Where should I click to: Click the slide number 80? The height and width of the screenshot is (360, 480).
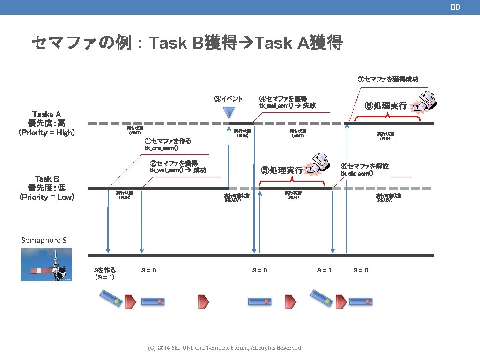pos(455,7)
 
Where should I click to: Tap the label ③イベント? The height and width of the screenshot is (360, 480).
pos(228,99)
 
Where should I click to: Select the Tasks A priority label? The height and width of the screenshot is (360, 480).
pos(46,123)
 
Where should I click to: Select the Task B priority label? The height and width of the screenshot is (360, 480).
pos(46,188)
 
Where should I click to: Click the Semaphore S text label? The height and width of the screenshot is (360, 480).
pos(44,240)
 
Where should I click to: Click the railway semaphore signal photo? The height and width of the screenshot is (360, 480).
pos(46,264)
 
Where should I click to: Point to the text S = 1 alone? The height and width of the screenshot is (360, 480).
pos(324,270)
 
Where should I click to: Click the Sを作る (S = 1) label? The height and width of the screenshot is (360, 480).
pos(105,273)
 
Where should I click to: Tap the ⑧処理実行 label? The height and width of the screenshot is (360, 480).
pos(385,106)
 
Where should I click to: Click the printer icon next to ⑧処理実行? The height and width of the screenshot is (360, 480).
pos(424,103)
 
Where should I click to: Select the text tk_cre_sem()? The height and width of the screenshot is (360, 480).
pos(161,148)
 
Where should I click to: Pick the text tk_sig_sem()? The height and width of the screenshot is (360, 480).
pos(357,174)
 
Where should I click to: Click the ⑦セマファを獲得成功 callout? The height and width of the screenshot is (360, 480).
pos(387,79)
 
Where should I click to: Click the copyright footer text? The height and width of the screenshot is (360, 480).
pos(224,348)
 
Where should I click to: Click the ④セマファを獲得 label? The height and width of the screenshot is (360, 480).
pos(283,98)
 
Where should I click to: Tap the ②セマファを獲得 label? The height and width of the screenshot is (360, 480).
pos(173,163)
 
